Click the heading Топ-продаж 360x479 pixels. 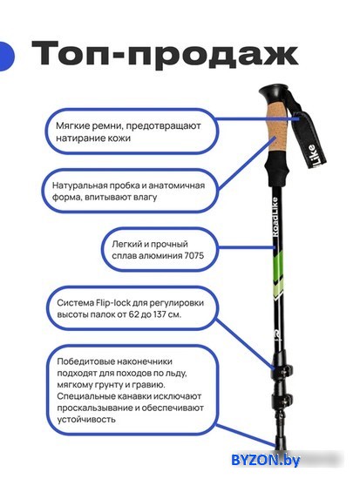(165, 55)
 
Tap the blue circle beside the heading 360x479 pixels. (6, 57)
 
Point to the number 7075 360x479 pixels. (194, 255)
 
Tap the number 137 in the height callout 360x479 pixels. (160, 314)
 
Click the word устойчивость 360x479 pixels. (86, 419)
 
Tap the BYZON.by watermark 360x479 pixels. (266, 460)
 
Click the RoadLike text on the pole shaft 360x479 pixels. (275, 217)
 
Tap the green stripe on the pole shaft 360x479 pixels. (278, 266)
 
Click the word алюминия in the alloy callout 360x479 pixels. (160, 255)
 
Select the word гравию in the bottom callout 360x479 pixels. (150, 385)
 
